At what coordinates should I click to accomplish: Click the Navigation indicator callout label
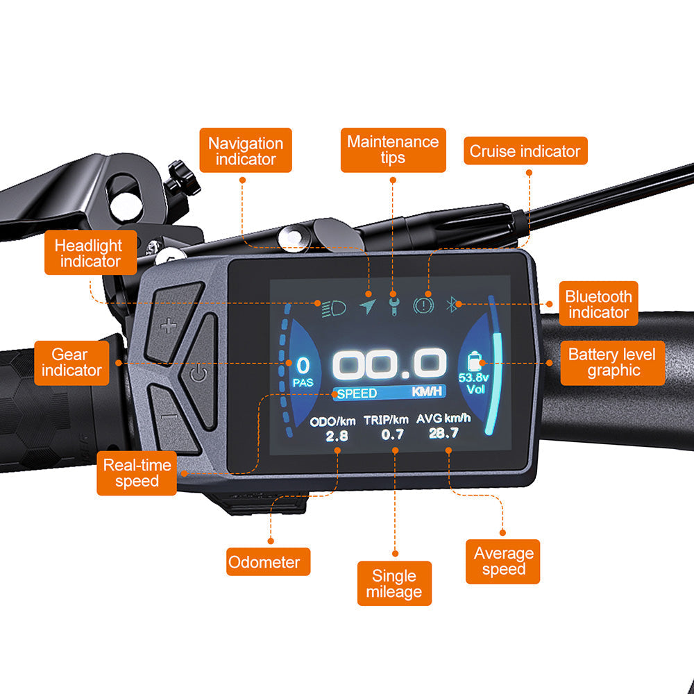246,150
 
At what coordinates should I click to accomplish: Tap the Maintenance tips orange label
393,150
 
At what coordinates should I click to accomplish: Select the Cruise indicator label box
525,151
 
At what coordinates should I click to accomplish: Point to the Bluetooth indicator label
598,304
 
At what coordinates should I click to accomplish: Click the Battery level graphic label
613,363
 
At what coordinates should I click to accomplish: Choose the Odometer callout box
268,561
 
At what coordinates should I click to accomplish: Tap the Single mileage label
394,584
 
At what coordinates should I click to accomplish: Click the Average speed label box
502,561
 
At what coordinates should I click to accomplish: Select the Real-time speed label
137,473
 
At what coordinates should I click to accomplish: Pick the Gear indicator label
71,363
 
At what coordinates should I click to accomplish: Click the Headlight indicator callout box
91,253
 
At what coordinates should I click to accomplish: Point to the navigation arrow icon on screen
367,306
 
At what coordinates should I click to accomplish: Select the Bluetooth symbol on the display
452,304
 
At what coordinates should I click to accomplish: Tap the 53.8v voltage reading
473,378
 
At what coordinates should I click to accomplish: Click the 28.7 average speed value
443,433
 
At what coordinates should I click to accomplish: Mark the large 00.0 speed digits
389,364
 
